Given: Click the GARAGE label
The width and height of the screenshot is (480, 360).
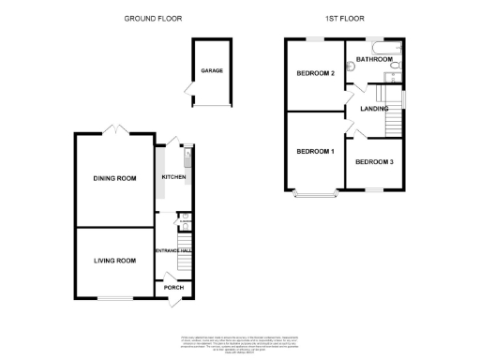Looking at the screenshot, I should click(211, 70).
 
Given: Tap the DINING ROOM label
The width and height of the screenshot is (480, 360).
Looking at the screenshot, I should click(113, 178).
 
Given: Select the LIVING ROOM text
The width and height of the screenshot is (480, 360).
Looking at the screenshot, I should click(113, 261).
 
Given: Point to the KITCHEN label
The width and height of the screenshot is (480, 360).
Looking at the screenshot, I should click(174, 177).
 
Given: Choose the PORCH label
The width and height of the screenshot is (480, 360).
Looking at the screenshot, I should click(174, 288).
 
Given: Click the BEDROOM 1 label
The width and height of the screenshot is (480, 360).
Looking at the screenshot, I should click(315, 152).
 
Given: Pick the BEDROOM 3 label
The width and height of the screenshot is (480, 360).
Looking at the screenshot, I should click(374, 162).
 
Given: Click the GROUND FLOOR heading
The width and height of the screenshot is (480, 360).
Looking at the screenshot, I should click(154, 18).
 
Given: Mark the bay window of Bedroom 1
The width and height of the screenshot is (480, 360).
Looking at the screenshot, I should click(315, 195).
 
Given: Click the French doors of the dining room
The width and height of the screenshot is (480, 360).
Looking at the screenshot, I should click(113, 129).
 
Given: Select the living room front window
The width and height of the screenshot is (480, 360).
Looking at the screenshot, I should click(113, 299).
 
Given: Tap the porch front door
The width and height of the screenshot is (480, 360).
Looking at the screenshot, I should click(174, 300).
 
